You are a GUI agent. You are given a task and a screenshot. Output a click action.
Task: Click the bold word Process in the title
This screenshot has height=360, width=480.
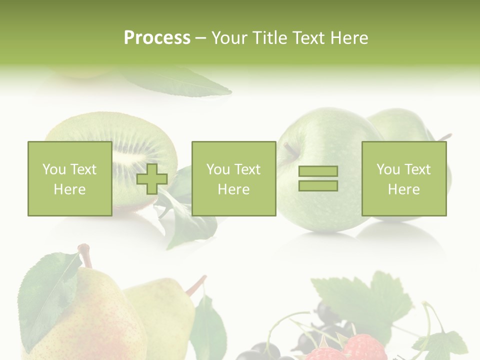[x=157, y=38]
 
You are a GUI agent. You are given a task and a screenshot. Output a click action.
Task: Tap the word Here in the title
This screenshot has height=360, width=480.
[x=349, y=38]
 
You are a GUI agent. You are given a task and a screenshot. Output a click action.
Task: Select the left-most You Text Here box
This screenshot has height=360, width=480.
[x=69, y=179]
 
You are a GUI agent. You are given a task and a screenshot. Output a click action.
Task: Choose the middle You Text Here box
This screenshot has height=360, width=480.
[x=233, y=179]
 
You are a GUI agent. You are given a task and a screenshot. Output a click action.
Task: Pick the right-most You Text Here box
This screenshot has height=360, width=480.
[x=403, y=179]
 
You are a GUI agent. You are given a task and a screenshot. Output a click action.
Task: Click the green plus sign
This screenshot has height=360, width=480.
[x=152, y=179]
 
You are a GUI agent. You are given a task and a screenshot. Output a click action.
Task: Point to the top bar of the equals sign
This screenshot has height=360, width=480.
[x=318, y=171]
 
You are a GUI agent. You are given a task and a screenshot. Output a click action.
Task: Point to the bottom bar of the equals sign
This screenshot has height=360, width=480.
[x=318, y=186]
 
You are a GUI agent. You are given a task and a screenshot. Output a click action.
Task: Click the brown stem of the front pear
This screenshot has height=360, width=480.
[x=86, y=255]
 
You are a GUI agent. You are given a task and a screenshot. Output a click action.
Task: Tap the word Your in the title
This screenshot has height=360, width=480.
[x=228, y=38]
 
